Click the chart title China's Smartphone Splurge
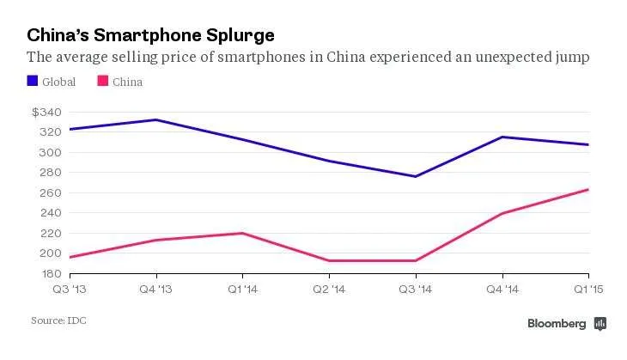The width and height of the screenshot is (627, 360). click(x=151, y=35)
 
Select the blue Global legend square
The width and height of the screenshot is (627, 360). click(x=33, y=81)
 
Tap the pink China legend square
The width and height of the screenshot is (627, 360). click(x=103, y=81)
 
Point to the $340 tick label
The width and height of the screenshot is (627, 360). click(x=46, y=112)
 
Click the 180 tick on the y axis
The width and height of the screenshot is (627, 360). click(x=52, y=273)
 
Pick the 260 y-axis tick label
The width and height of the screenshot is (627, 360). click(x=51, y=192)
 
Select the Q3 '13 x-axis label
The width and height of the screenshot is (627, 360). click(x=70, y=289)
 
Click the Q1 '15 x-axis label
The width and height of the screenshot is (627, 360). click(x=588, y=289)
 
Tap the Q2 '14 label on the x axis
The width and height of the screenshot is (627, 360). click(x=329, y=289)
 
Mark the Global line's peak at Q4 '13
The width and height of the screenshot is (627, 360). click(x=156, y=119)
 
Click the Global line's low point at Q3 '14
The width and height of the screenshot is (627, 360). click(x=416, y=176)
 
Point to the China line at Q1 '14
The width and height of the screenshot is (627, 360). click(x=243, y=233)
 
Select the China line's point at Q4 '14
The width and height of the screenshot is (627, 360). click(x=502, y=213)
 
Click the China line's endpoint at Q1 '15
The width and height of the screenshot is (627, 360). click(x=588, y=190)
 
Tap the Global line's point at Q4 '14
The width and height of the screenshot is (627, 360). click(x=502, y=137)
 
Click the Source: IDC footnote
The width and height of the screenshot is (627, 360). click(x=58, y=320)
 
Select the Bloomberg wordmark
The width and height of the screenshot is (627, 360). click(x=557, y=323)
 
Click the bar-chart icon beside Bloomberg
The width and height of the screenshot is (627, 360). click(x=600, y=323)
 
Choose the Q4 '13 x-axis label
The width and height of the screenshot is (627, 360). click(x=156, y=289)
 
